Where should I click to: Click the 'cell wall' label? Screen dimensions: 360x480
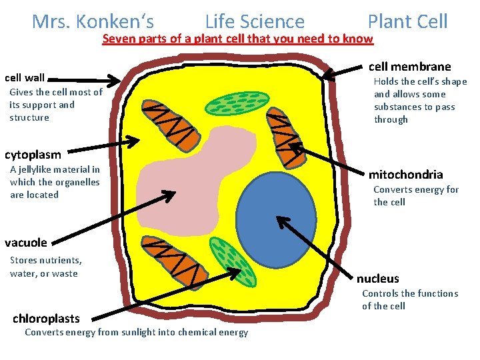[25, 78]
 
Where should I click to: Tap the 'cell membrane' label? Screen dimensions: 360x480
[409, 66]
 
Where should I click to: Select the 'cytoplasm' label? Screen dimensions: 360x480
[33, 155]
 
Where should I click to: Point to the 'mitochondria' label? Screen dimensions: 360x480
[405, 175]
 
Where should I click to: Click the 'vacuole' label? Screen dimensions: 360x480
[26, 243]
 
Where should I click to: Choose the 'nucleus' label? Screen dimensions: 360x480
[377, 279]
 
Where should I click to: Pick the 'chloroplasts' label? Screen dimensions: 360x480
[46, 319]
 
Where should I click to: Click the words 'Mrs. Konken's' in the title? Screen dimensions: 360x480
[93, 22]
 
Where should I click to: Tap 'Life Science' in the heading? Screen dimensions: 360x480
[255, 22]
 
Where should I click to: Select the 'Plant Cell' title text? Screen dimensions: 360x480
[407, 22]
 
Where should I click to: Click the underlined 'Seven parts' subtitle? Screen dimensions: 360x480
[238, 39]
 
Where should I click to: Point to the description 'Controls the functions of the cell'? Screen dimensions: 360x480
[409, 300]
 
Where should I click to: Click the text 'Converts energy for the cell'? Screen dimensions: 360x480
[415, 196]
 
